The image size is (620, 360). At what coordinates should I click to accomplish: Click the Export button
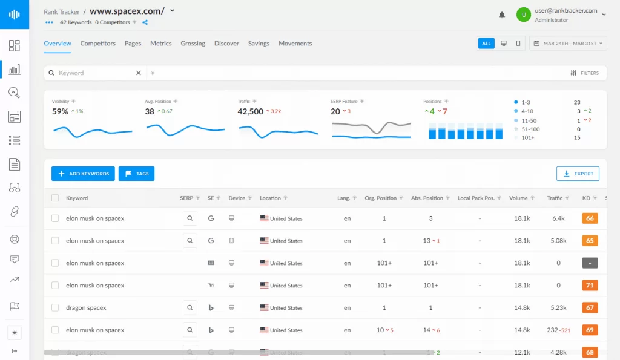pos(578,174)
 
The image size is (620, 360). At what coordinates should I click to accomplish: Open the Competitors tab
pos(97,44)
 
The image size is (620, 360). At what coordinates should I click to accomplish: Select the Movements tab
pos(295,44)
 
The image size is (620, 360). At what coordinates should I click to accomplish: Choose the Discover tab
pos(226,44)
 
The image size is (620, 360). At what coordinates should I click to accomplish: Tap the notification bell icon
pos(502,15)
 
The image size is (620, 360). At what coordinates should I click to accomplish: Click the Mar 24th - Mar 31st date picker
pos(568,44)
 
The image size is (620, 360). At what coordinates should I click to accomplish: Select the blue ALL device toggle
pos(486,44)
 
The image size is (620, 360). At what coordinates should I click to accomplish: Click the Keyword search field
pos(94,73)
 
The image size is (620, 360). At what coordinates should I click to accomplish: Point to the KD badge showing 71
pos(590,286)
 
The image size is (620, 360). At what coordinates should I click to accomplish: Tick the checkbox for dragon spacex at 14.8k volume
pos(55,308)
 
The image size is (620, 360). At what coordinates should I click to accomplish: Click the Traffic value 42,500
pos(251,112)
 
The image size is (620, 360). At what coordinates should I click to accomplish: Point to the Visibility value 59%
pos(60,112)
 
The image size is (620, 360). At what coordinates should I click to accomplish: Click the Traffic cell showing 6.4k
pos(558,218)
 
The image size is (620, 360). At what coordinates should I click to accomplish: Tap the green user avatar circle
pos(524,15)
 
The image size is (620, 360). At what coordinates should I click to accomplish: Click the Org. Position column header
pos(380,198)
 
